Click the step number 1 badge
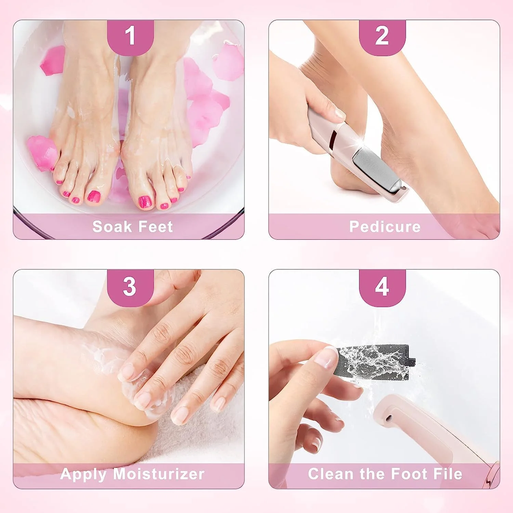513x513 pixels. (130, 37)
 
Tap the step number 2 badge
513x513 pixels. (382, 37)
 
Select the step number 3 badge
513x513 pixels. (130, 287)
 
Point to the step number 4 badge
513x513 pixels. (382, 287)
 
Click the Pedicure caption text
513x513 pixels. (385, 227)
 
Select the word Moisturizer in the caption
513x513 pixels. (159, 474)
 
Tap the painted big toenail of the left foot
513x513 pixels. (94, 197)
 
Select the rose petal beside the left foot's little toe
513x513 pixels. (42, 153)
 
